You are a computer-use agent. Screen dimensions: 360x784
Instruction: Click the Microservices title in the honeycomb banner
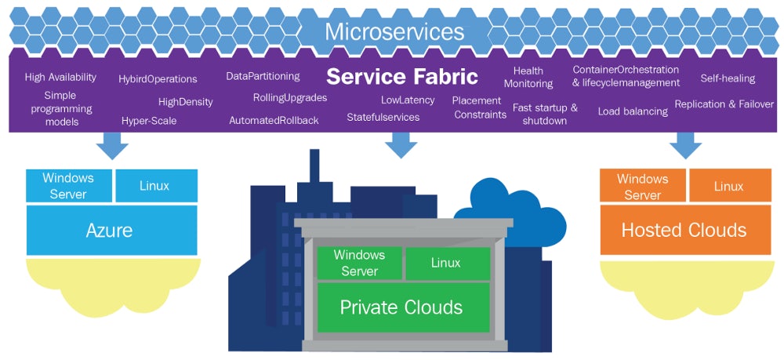pos(394,31)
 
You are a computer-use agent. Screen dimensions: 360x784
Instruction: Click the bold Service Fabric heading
pos(401,77)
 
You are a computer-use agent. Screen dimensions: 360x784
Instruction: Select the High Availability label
pos(60,78)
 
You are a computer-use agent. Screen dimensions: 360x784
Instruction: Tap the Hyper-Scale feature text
pos(149,121)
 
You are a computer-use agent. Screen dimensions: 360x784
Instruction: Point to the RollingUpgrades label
pos(289,98)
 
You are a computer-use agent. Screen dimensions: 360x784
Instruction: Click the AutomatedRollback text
pos(274,121)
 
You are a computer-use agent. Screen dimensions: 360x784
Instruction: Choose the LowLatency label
pos(407,100)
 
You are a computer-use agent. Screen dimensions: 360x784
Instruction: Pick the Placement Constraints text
pos(479,107)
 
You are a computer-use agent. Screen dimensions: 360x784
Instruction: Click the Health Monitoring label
pos(528,78)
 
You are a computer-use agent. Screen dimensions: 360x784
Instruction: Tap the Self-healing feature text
pos(727,78)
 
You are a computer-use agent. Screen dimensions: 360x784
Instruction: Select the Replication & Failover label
pos(724,104)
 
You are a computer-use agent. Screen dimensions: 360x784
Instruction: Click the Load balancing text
pos(633,111)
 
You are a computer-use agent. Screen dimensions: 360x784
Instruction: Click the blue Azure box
pos(109,231)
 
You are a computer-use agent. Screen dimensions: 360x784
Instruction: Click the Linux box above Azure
pos(154,187)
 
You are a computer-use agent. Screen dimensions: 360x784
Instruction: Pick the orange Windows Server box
pos(642,187)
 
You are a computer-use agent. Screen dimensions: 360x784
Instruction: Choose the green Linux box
pos(446,264)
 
